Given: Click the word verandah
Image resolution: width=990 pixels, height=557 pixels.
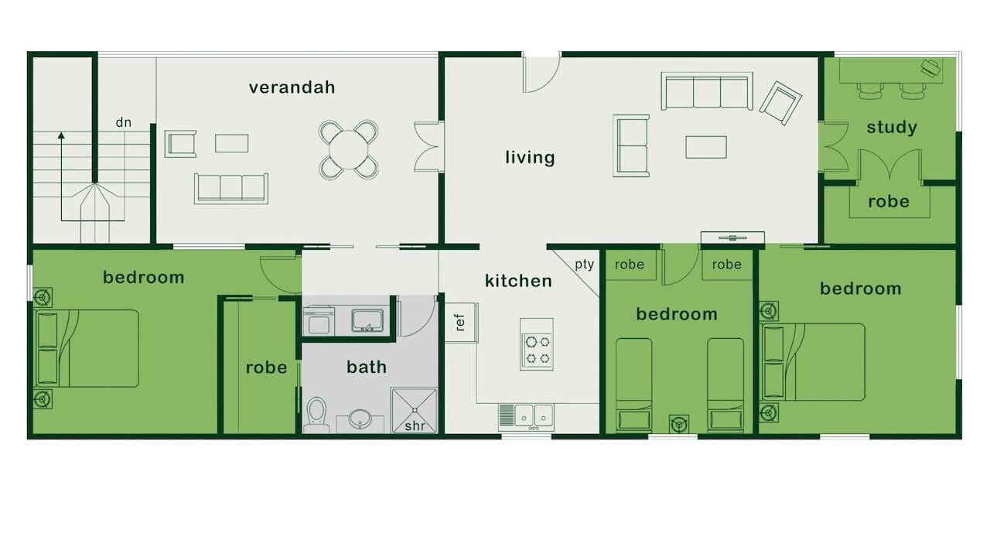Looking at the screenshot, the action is tap(292, 87).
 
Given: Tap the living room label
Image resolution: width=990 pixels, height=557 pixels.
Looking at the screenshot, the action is tap(530, 157).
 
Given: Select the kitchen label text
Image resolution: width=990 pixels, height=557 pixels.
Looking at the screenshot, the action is tap(518, 281).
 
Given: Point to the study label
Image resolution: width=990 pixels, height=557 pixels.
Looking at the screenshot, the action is tap(892, 128).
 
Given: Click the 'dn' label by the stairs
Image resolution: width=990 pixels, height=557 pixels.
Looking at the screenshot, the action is tap(123, 122).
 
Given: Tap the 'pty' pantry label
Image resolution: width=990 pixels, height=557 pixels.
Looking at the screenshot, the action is tap(584, 265).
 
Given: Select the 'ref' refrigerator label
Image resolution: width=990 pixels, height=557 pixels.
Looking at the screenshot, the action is tap(460, 323).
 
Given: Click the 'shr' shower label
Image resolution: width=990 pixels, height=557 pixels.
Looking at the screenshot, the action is tap(415, 425).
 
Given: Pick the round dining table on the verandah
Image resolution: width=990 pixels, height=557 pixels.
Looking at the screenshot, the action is tap(348, 149).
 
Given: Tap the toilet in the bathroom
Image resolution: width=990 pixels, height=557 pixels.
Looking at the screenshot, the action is tap(316, 415).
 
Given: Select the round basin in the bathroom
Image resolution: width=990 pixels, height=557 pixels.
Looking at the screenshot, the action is tap(360, 419).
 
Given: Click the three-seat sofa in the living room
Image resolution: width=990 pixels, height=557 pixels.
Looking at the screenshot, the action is tap(707, 91).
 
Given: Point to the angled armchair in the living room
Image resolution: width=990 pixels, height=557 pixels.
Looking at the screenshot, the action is tap(780, 103).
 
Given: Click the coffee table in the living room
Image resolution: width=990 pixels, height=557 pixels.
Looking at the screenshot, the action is tap(706, 147).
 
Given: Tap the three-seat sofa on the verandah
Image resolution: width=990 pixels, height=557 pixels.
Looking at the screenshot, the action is tap(231, 188).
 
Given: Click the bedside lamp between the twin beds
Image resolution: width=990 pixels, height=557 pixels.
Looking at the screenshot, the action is tap(679, 425).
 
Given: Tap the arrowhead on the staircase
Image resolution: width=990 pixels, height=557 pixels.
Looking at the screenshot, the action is tap(61, 135).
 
